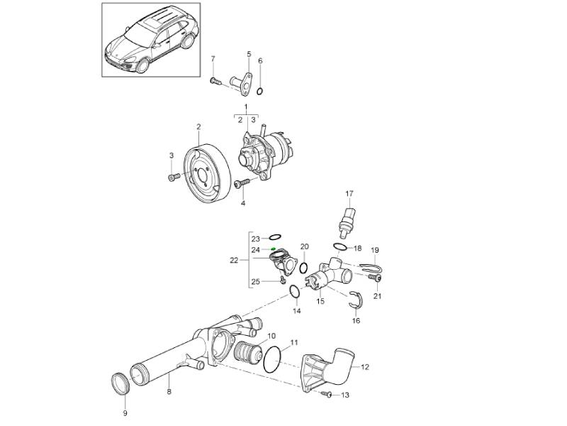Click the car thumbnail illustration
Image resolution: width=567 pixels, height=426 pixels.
150,39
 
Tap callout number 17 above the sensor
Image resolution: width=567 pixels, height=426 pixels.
349,193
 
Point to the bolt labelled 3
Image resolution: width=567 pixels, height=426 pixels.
174,176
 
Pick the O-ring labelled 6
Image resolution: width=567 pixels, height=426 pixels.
262,90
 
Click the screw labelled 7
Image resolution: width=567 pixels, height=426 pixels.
215,82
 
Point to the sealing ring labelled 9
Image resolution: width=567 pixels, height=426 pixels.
123,384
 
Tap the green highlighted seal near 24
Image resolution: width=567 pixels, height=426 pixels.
274,249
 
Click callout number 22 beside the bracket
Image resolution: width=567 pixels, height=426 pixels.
234,261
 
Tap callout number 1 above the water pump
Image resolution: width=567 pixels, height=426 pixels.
246,107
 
